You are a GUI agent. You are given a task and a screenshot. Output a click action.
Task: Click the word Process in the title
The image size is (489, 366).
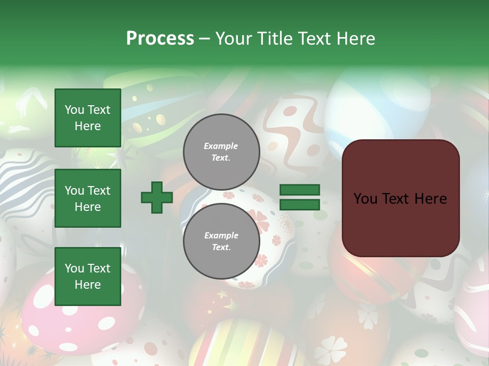[160, 39]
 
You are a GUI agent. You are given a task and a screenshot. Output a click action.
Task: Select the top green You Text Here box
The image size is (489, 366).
[88, 118]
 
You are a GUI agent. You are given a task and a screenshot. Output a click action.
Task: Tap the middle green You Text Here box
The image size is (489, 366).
[88, 198]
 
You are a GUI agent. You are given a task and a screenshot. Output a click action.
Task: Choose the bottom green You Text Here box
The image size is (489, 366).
[88, 277]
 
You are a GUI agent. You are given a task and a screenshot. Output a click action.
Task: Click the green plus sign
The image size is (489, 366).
[157, 198]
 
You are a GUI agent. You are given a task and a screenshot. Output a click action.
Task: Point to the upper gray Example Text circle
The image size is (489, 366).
[221, 152]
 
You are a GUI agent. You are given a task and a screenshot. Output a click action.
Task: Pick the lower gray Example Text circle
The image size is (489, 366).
[221, 241]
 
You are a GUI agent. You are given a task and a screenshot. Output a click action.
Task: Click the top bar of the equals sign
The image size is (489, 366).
[300, 190]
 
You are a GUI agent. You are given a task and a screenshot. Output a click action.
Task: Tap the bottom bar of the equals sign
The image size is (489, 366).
[300, 205]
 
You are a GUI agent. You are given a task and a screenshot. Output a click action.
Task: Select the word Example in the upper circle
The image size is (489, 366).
[221, 146]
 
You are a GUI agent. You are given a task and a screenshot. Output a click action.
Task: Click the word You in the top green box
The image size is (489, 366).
[74, 110]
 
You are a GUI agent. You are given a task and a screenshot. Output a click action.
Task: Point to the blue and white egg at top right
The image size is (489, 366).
[377, 109]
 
